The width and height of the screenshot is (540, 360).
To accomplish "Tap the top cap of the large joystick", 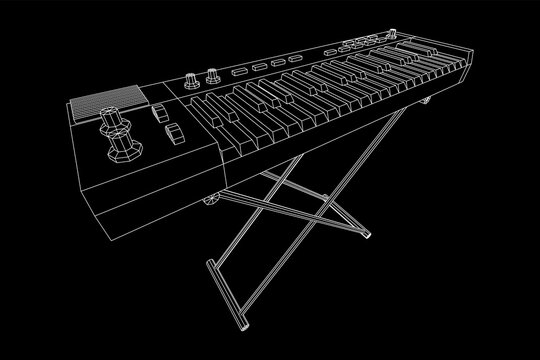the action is (x=108, y=120).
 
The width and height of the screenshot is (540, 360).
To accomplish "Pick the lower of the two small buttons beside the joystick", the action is (x=171, y=133).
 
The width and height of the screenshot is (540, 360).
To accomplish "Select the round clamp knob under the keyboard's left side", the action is (x=213, y=200).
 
